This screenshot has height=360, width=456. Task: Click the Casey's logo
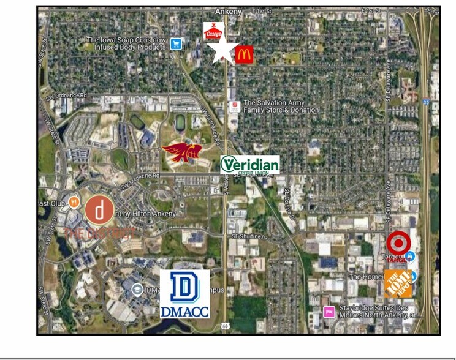pyautogui.click(x=213, y=31)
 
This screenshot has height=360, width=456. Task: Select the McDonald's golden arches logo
pyautogui.click(x=244, y=55)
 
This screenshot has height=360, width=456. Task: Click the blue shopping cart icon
pyautogui.click(x=177, y=43)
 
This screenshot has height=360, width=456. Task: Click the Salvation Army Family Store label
pyautogui.click(x=283, y=107)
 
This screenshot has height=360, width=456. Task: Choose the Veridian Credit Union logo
pyautogui.click(x=250, y=165)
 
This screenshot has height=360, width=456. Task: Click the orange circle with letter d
pyautogui.click(x=99, y=209)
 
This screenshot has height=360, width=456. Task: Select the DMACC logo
pyautogui.click(x=184, y=294)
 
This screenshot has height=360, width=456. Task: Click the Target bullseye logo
pyautogui.click(x=398, y=243)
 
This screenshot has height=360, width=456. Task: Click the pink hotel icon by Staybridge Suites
pyautogui.click(x=329, y=312)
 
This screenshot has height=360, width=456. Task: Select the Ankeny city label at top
pyautogui.click(x=229, y=11)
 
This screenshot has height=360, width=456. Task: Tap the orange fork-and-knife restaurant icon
pyautogui.click(x=74, y=200)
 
